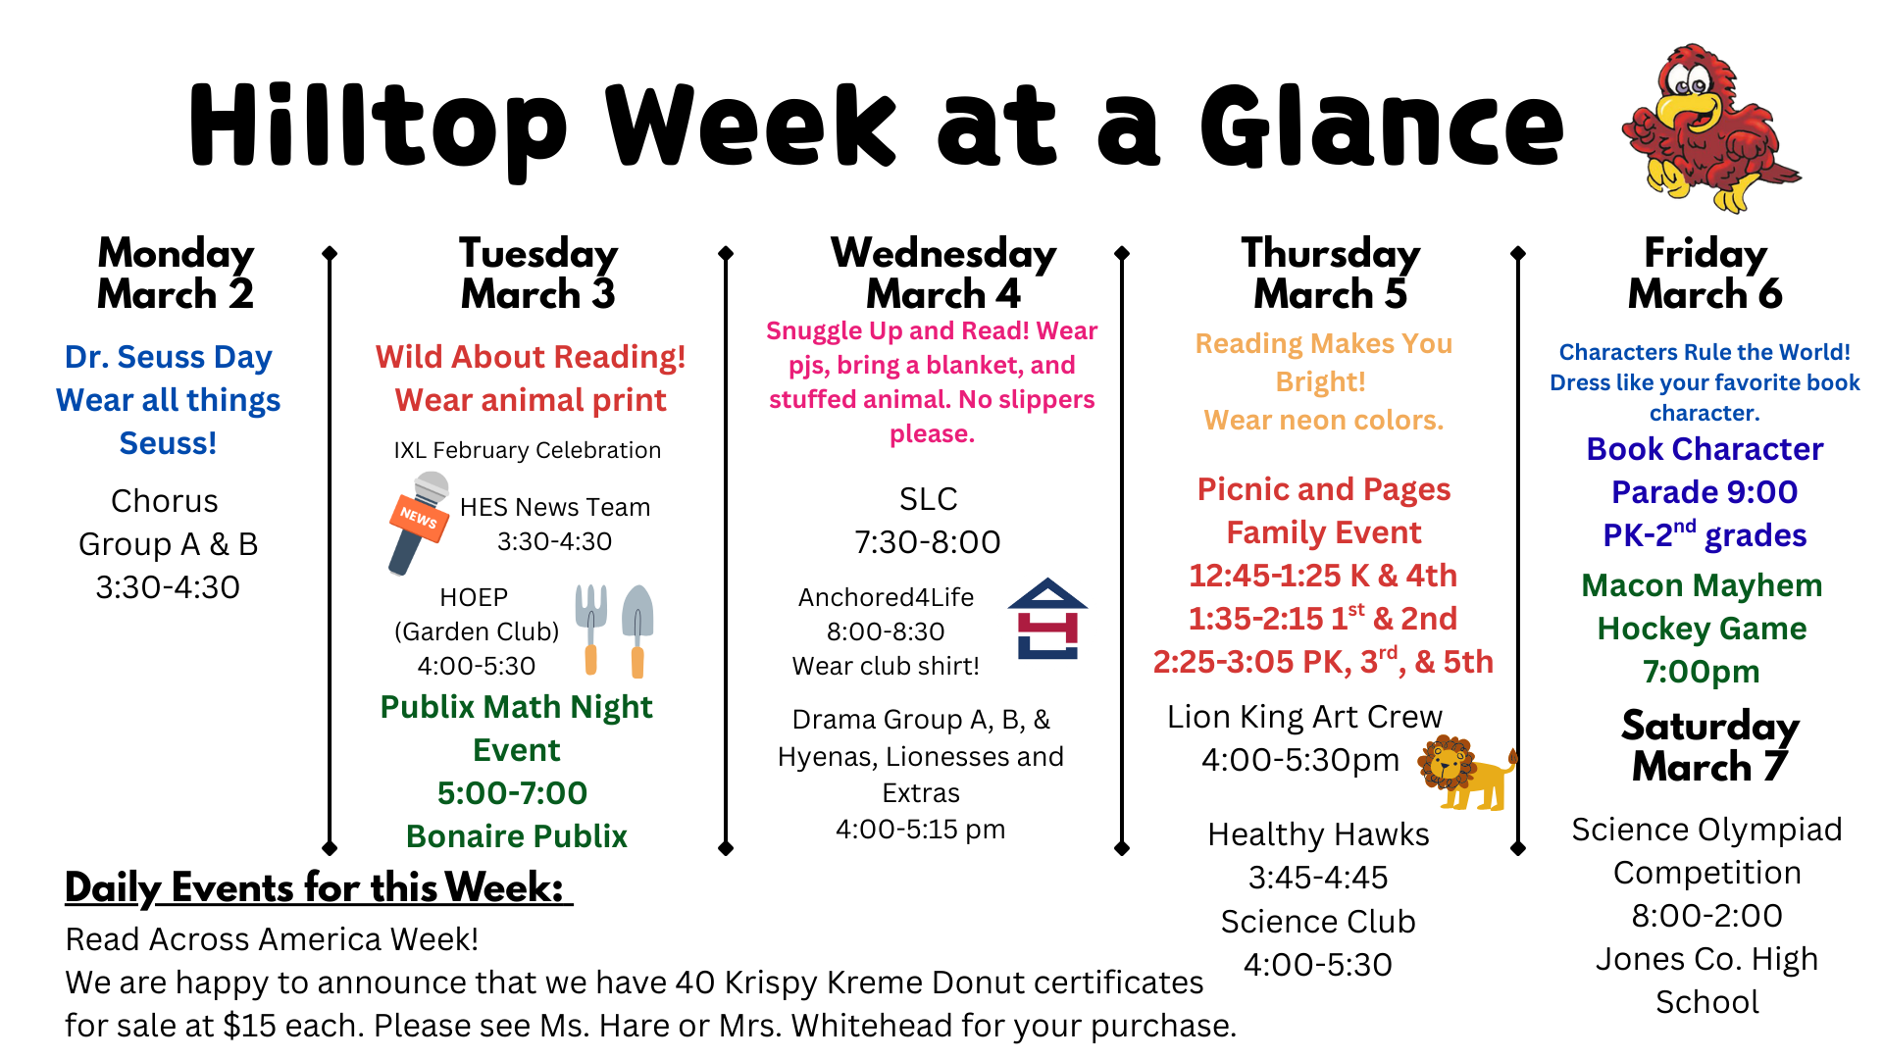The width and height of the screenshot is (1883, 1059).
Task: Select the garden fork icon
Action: click(x=591, y=628)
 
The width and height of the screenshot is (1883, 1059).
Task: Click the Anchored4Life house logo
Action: click(x=1047, y=620)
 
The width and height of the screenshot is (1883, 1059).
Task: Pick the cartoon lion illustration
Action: click(x=1465, y=772)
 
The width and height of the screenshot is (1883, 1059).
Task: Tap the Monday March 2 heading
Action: click(x=176, y=274)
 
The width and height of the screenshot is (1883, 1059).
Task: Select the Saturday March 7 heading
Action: click(x=1709, y=746)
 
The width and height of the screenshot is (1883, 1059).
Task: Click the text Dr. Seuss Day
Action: click(x=168, y=357)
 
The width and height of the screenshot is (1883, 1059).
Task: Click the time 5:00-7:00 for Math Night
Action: click(x=512, y=792)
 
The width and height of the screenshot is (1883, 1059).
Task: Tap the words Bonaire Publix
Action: click(x=516, y=836)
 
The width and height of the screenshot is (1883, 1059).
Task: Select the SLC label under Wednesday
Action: click(x=928, y=499)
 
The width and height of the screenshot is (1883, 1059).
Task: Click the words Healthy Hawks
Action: click(x=1318, y=834)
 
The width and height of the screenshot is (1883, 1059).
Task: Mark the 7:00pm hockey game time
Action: click(x=1701, y=672)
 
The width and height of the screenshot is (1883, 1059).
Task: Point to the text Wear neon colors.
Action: click(x=1323, y=420)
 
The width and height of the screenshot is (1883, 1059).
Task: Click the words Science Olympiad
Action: click(x=1706, y=830)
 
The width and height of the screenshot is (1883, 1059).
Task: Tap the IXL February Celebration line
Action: click(x=528, y=450)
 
